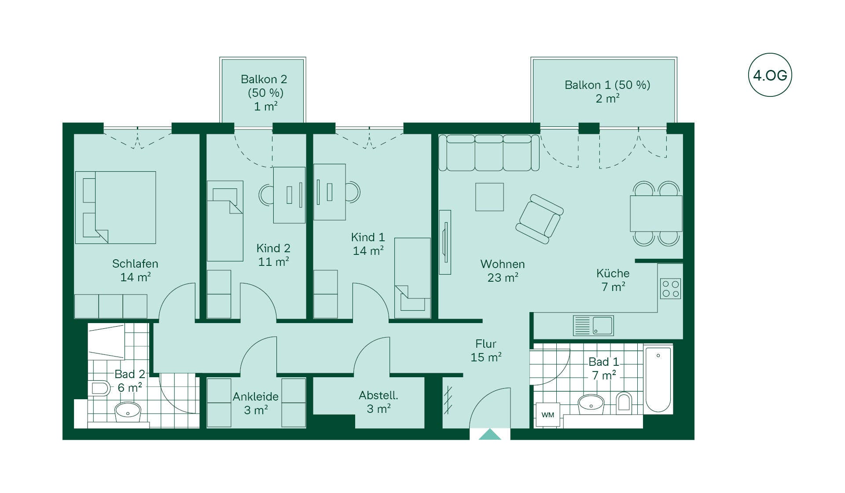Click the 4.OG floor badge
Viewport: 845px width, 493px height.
coord(770,75)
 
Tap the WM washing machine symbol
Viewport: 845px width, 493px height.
coord(547,415)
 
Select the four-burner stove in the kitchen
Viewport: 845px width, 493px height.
coord(670,289)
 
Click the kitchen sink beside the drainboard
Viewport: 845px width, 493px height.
coord(603,326)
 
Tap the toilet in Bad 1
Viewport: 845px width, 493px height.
coord(624,402)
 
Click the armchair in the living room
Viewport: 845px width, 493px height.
coord(540,219)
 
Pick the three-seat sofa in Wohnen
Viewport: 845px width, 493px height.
coord(489,153)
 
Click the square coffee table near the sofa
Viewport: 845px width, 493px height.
coord(489,197)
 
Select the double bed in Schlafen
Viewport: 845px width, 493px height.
coord(116,207)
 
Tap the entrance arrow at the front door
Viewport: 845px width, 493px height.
coord(490,434)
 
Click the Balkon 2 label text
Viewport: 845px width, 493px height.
coord(264,79)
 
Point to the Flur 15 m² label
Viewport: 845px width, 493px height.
coord(486,350)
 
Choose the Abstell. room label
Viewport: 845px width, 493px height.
coord(378,395)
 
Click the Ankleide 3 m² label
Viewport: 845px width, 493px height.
coord(256,403)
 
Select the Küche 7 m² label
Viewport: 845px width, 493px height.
coord(613,280)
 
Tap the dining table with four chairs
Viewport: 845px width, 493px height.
coord(656,213)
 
